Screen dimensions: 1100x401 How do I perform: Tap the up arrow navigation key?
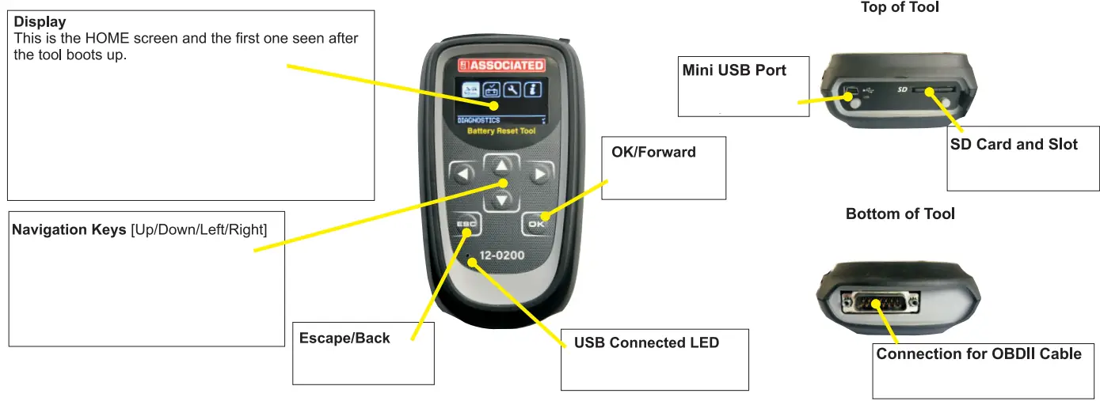501,166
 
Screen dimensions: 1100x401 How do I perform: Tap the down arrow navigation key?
501,201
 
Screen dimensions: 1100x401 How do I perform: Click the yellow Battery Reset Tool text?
501,131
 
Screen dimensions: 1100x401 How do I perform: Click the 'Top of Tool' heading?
900,8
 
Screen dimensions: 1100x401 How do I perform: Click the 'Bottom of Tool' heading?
900,214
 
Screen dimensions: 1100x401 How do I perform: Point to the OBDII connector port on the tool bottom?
879,302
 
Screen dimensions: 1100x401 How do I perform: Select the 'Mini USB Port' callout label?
734,70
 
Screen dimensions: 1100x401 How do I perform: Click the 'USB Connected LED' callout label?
646,343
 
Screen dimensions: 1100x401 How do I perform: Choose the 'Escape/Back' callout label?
344,339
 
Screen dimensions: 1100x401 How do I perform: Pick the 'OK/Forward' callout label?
653,152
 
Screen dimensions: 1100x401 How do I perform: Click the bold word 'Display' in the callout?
40,22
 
